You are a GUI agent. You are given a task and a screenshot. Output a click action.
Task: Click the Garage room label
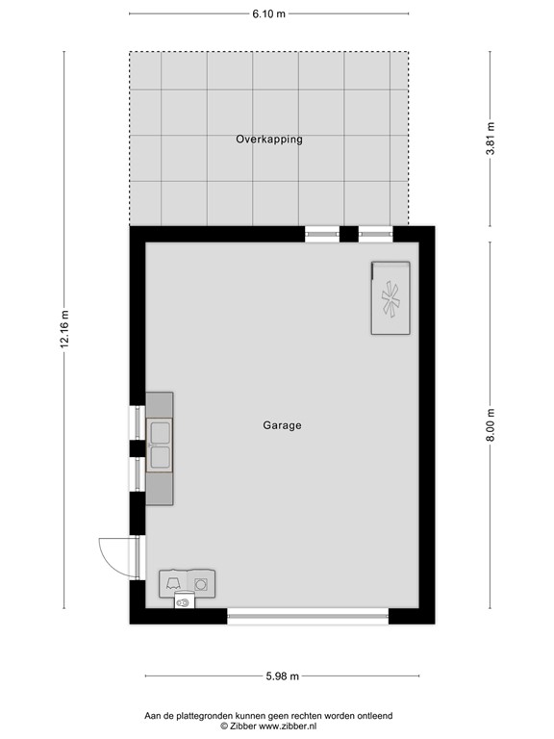pos(282,424)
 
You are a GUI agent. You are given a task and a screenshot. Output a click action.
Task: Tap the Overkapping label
pos(269,140)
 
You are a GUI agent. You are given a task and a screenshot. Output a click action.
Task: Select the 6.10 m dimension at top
pos(268,13)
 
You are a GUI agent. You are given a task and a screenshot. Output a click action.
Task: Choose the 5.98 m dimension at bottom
pos(281,676)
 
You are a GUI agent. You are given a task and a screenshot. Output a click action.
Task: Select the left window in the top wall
pos(321,233)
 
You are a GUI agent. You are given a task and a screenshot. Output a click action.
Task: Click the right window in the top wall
pos(375,233)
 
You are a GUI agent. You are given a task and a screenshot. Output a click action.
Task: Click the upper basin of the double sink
pos(160,432)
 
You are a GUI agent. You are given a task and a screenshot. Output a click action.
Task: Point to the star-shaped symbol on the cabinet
pos(390,299)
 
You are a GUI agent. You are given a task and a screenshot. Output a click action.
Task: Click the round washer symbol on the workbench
pos(201,583)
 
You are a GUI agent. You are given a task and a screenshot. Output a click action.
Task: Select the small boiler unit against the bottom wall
pos(184,602)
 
